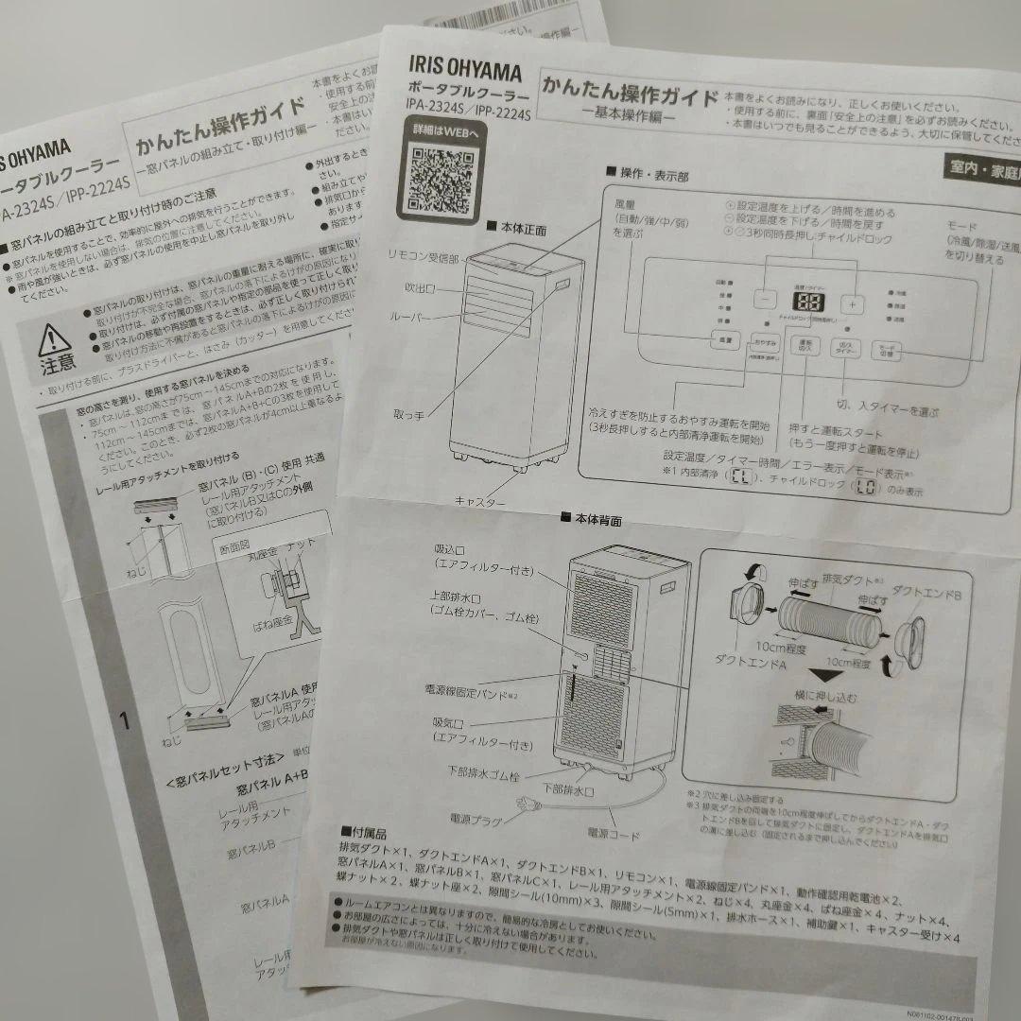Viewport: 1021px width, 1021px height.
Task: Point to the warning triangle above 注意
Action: pos(54,337)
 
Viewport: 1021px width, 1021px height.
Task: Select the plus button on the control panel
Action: pos(853,304)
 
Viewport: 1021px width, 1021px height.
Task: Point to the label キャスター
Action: pos(479,500)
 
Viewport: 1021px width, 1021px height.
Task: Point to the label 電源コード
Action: pos(614,835)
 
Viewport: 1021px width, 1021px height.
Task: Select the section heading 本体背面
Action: pos(591,519)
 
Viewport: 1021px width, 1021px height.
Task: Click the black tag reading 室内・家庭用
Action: pos(982,169)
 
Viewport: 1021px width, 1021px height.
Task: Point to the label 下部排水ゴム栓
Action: pos(483,774)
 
